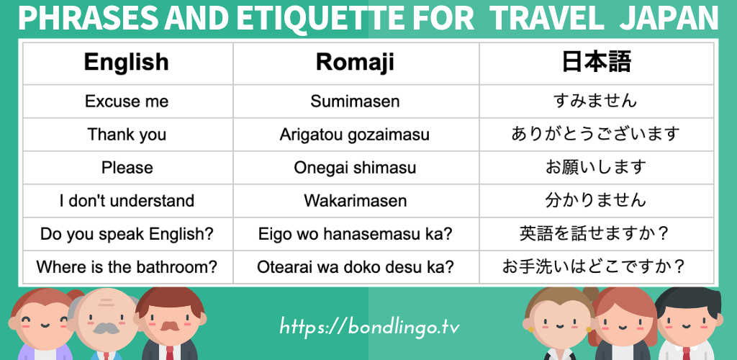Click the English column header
[x=127, y=62]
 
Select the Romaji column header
[x=355, y=62]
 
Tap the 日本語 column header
[x=596, y=62]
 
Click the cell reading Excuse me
[x=127, y=101]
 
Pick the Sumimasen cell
[x=355, y=101]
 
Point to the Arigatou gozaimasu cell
[x=355, y=135]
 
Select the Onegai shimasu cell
[x=355, y=168]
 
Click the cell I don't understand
[x=127, y=201]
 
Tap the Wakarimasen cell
[x=355, y=201]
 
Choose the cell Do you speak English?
[x=127, y=234]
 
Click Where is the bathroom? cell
[x=127, y=267]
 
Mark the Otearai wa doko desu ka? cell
[x=355, y=267]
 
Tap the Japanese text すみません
[x=596, y=101]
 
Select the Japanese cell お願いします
[x=596, y=168]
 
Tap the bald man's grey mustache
[x=107, y=328]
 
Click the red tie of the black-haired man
[x=686, y=353]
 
